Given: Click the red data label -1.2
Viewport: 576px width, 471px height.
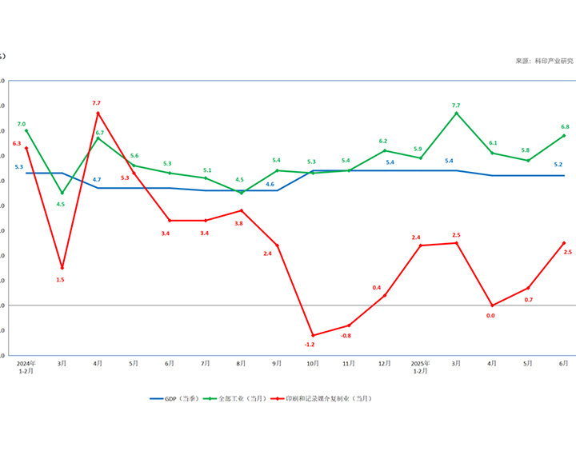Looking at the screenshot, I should point(310,345).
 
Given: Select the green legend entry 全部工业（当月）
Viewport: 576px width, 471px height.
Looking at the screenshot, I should point(238,398).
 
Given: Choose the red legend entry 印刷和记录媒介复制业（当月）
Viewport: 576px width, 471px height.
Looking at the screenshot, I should point(326,398).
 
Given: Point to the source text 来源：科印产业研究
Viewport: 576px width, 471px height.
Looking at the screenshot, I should point(544,62).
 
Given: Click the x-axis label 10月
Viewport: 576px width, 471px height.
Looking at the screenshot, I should point(313,363).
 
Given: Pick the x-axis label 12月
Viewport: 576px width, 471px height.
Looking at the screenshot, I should point(384,363).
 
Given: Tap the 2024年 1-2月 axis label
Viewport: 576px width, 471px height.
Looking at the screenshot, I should point(26,367).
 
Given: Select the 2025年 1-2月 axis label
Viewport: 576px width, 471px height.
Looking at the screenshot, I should point(420,367).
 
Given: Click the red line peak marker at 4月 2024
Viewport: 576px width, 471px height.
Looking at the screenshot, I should point(98,114).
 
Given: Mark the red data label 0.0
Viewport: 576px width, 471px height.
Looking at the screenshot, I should point(490,316).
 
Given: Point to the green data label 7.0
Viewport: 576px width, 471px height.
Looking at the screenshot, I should point(22,124).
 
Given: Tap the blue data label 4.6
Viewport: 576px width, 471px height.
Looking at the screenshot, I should point(270,184).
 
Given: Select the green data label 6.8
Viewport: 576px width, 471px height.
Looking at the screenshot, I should point(565,127).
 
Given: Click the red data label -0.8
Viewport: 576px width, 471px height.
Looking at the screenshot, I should point(346,336).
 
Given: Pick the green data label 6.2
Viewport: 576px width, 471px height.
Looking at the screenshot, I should point(383,142).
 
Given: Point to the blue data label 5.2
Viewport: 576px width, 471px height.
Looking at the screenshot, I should point(558,165).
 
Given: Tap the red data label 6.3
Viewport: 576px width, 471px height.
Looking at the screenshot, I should point(17,143).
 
